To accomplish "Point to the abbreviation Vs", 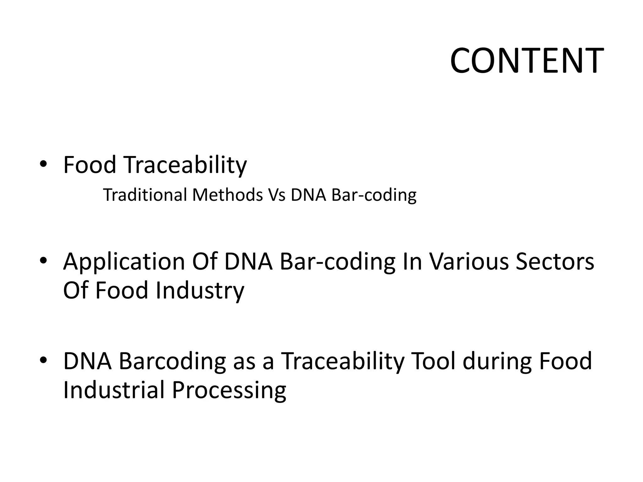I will coord(277,195).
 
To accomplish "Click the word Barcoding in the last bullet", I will coord(172,361).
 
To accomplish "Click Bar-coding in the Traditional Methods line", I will coord(374,195).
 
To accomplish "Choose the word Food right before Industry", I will coord(122,290).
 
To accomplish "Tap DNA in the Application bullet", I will coord(248,261).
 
